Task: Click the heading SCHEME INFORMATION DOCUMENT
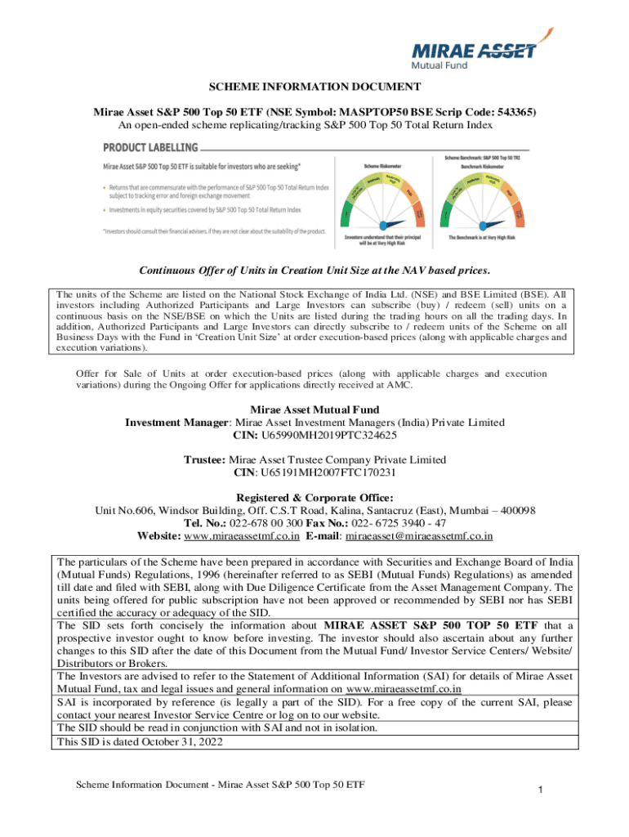pyautogui.click(x=314, y=87)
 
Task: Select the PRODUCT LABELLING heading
pyautogui.click(x=150, y=147)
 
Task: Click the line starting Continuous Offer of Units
pyautogui.click(x=314, y=271)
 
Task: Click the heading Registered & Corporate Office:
pyautogui.click(x=314, y=498)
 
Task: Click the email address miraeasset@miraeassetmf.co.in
pyautogui.click(x=419, y=536)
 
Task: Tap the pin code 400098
pyautogui.click(x=512, y=511)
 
